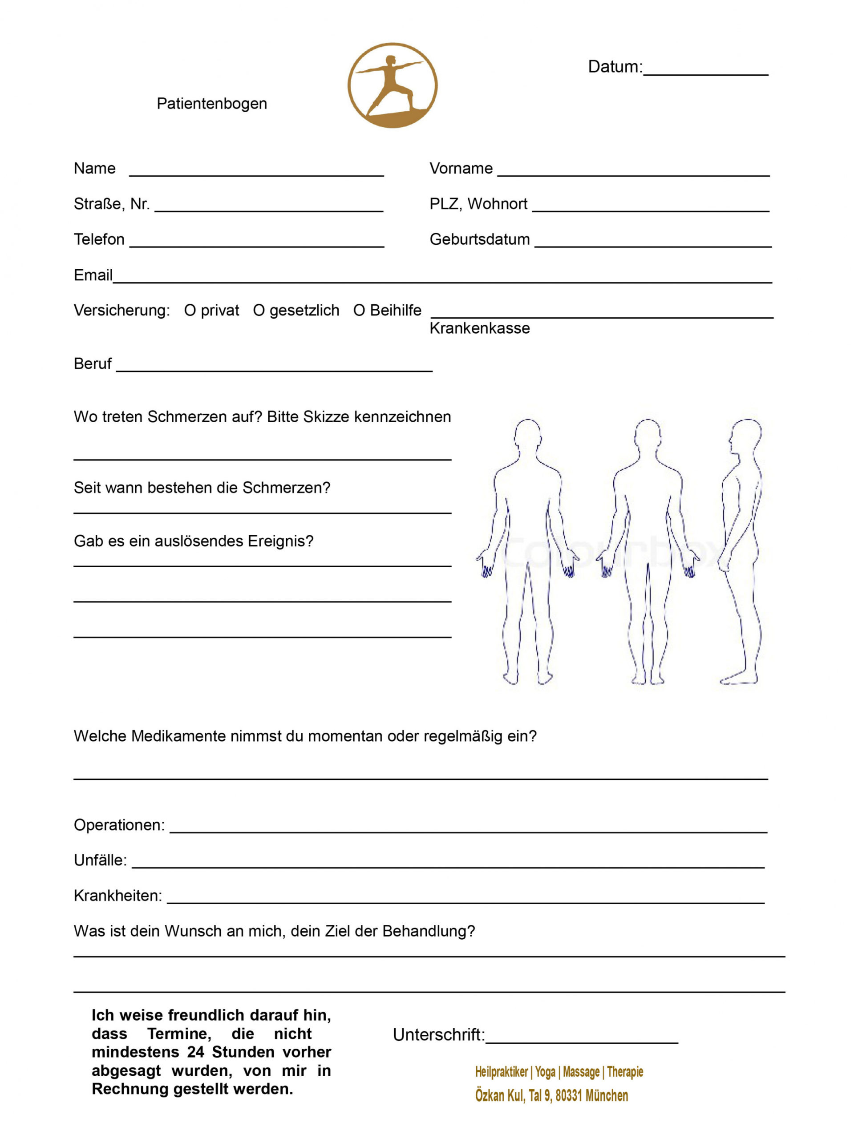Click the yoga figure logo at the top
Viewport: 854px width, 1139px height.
[393, 85]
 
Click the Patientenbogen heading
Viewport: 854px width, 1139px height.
[212, 104]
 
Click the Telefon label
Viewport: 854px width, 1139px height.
[99, 239]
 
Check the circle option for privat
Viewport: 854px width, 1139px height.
[190, 311]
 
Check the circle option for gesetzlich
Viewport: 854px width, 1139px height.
[259, 311]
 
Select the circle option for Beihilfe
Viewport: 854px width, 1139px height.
[359, 311]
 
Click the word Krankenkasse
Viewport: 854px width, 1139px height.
[480, 328]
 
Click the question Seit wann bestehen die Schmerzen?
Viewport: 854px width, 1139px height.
[202, 488]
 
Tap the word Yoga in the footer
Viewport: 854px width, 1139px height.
[545, 1072]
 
